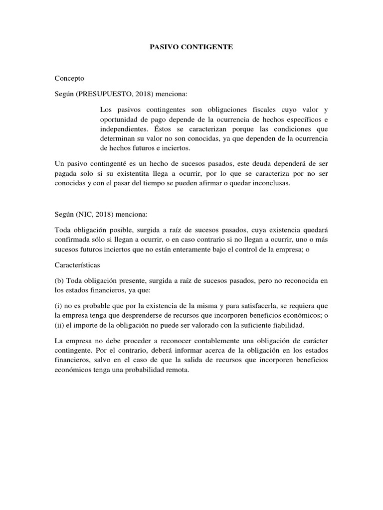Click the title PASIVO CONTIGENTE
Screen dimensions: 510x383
(191, 47)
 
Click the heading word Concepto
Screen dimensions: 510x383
(69, 78)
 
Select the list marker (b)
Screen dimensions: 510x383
(59, 281)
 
